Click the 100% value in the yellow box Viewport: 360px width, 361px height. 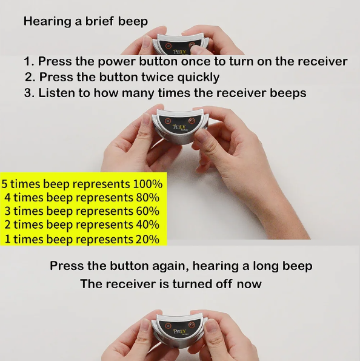point(148,184)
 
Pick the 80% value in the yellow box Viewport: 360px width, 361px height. point(148,198)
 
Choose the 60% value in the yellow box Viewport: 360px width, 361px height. point(148,211)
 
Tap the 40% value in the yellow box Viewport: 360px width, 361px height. point(148,224)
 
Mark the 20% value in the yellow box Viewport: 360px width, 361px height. point(148,239)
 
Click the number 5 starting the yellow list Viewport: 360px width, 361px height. point(5,184)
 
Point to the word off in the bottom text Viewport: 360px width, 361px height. point(224,284)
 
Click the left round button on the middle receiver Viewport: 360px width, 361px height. point(167,121)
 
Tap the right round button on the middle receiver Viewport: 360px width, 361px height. point(192,121)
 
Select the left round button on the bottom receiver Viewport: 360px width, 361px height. point(168,326)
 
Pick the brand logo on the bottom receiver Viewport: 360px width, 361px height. point(179,331)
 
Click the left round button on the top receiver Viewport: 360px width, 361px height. point(168,46)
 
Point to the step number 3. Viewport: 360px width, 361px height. point(28,93)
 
